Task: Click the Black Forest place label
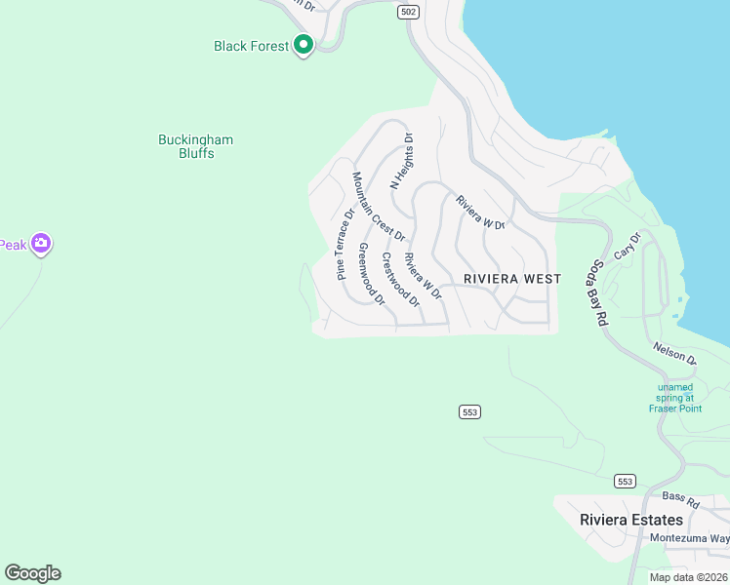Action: pyautogui.click(x=251, y=46)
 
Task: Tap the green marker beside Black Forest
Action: pyautogui.click(x=304, y=44)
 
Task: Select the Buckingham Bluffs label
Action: pyautogui.click(x=195, y=146)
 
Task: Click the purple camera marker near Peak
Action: pyautogui.click(x=40, y=244)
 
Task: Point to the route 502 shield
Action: pyautogui.click(x=408, y=12)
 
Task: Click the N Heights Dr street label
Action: pyautogui.click(x=402, y=161)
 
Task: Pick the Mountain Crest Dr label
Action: pyautogui.click(x=378, y=207)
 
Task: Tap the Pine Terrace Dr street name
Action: pyautogui.click(x=345, y=244)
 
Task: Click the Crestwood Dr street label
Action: pyautogui.click(x=400, y=280)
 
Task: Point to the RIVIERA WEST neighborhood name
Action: pyautogui.click(x=512, y=279)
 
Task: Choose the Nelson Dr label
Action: pyautogui.click(x=675, y=352)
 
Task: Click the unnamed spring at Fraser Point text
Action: pyautogui.click(x=675, y=397)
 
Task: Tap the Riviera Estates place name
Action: pyautogui.click(x=631, y=520)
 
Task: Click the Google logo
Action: pyautogui.click(x=32, y=573)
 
